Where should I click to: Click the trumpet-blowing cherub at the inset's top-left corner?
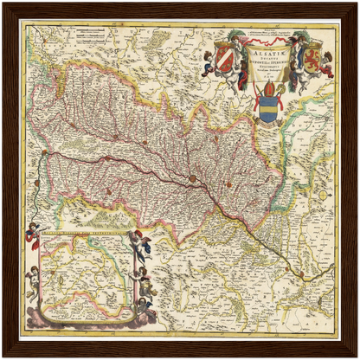[x=33, y=231]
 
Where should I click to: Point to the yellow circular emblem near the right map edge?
[x=323, y=196]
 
